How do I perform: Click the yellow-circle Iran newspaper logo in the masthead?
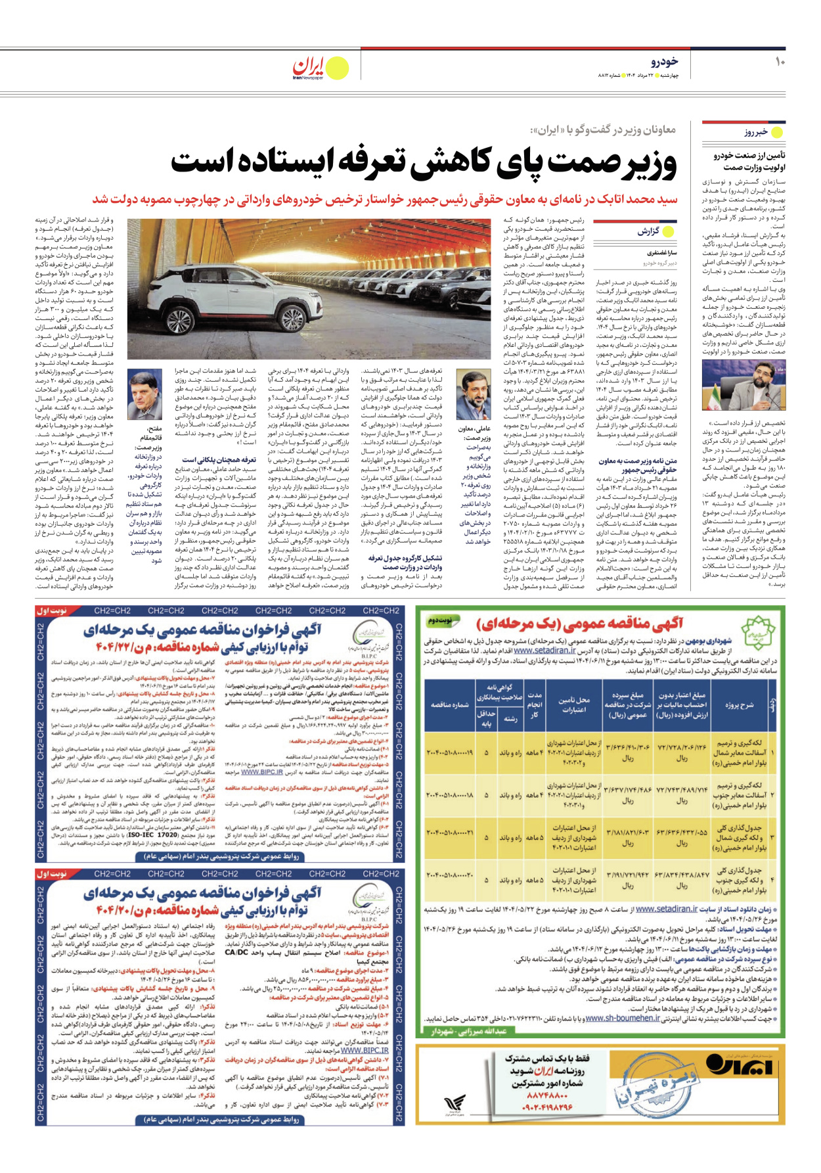[337, 68]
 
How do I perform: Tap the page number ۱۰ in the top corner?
[780, 62]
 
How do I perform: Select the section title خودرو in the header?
[664, 62]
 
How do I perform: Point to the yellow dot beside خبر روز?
[777, 132]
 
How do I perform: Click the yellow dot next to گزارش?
[669, 231]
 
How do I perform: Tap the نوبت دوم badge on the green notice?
[441, 620]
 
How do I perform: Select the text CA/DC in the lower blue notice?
[239, 952]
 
